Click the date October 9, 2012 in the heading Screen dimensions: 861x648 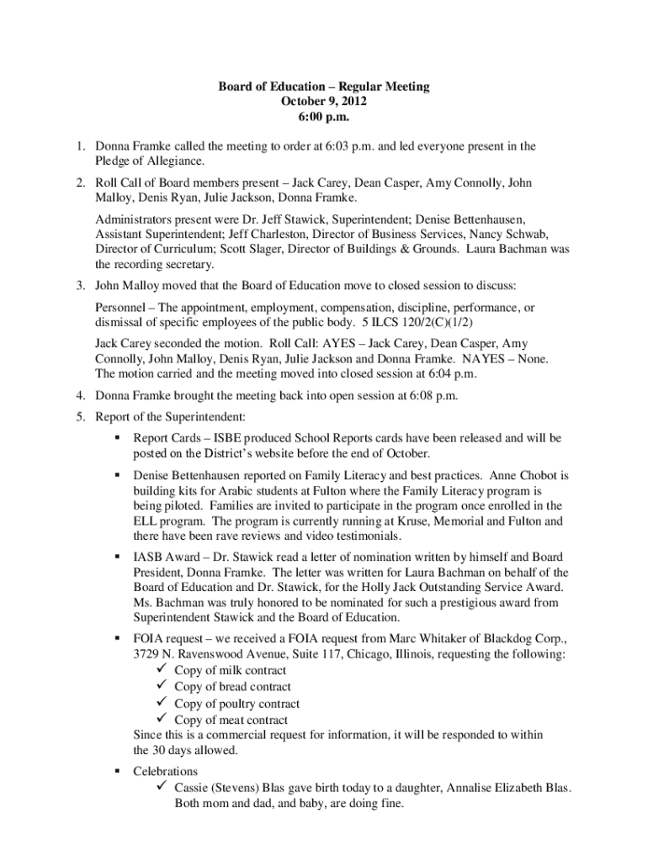pyautogui.click(x=324, y=101)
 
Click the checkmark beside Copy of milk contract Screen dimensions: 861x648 pyautogui.click(x=163, y=670)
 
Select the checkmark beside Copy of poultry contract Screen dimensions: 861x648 pyautogui.click(x=163, y=704)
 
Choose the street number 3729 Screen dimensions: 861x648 pyautogui.click(x=147, y=654)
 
